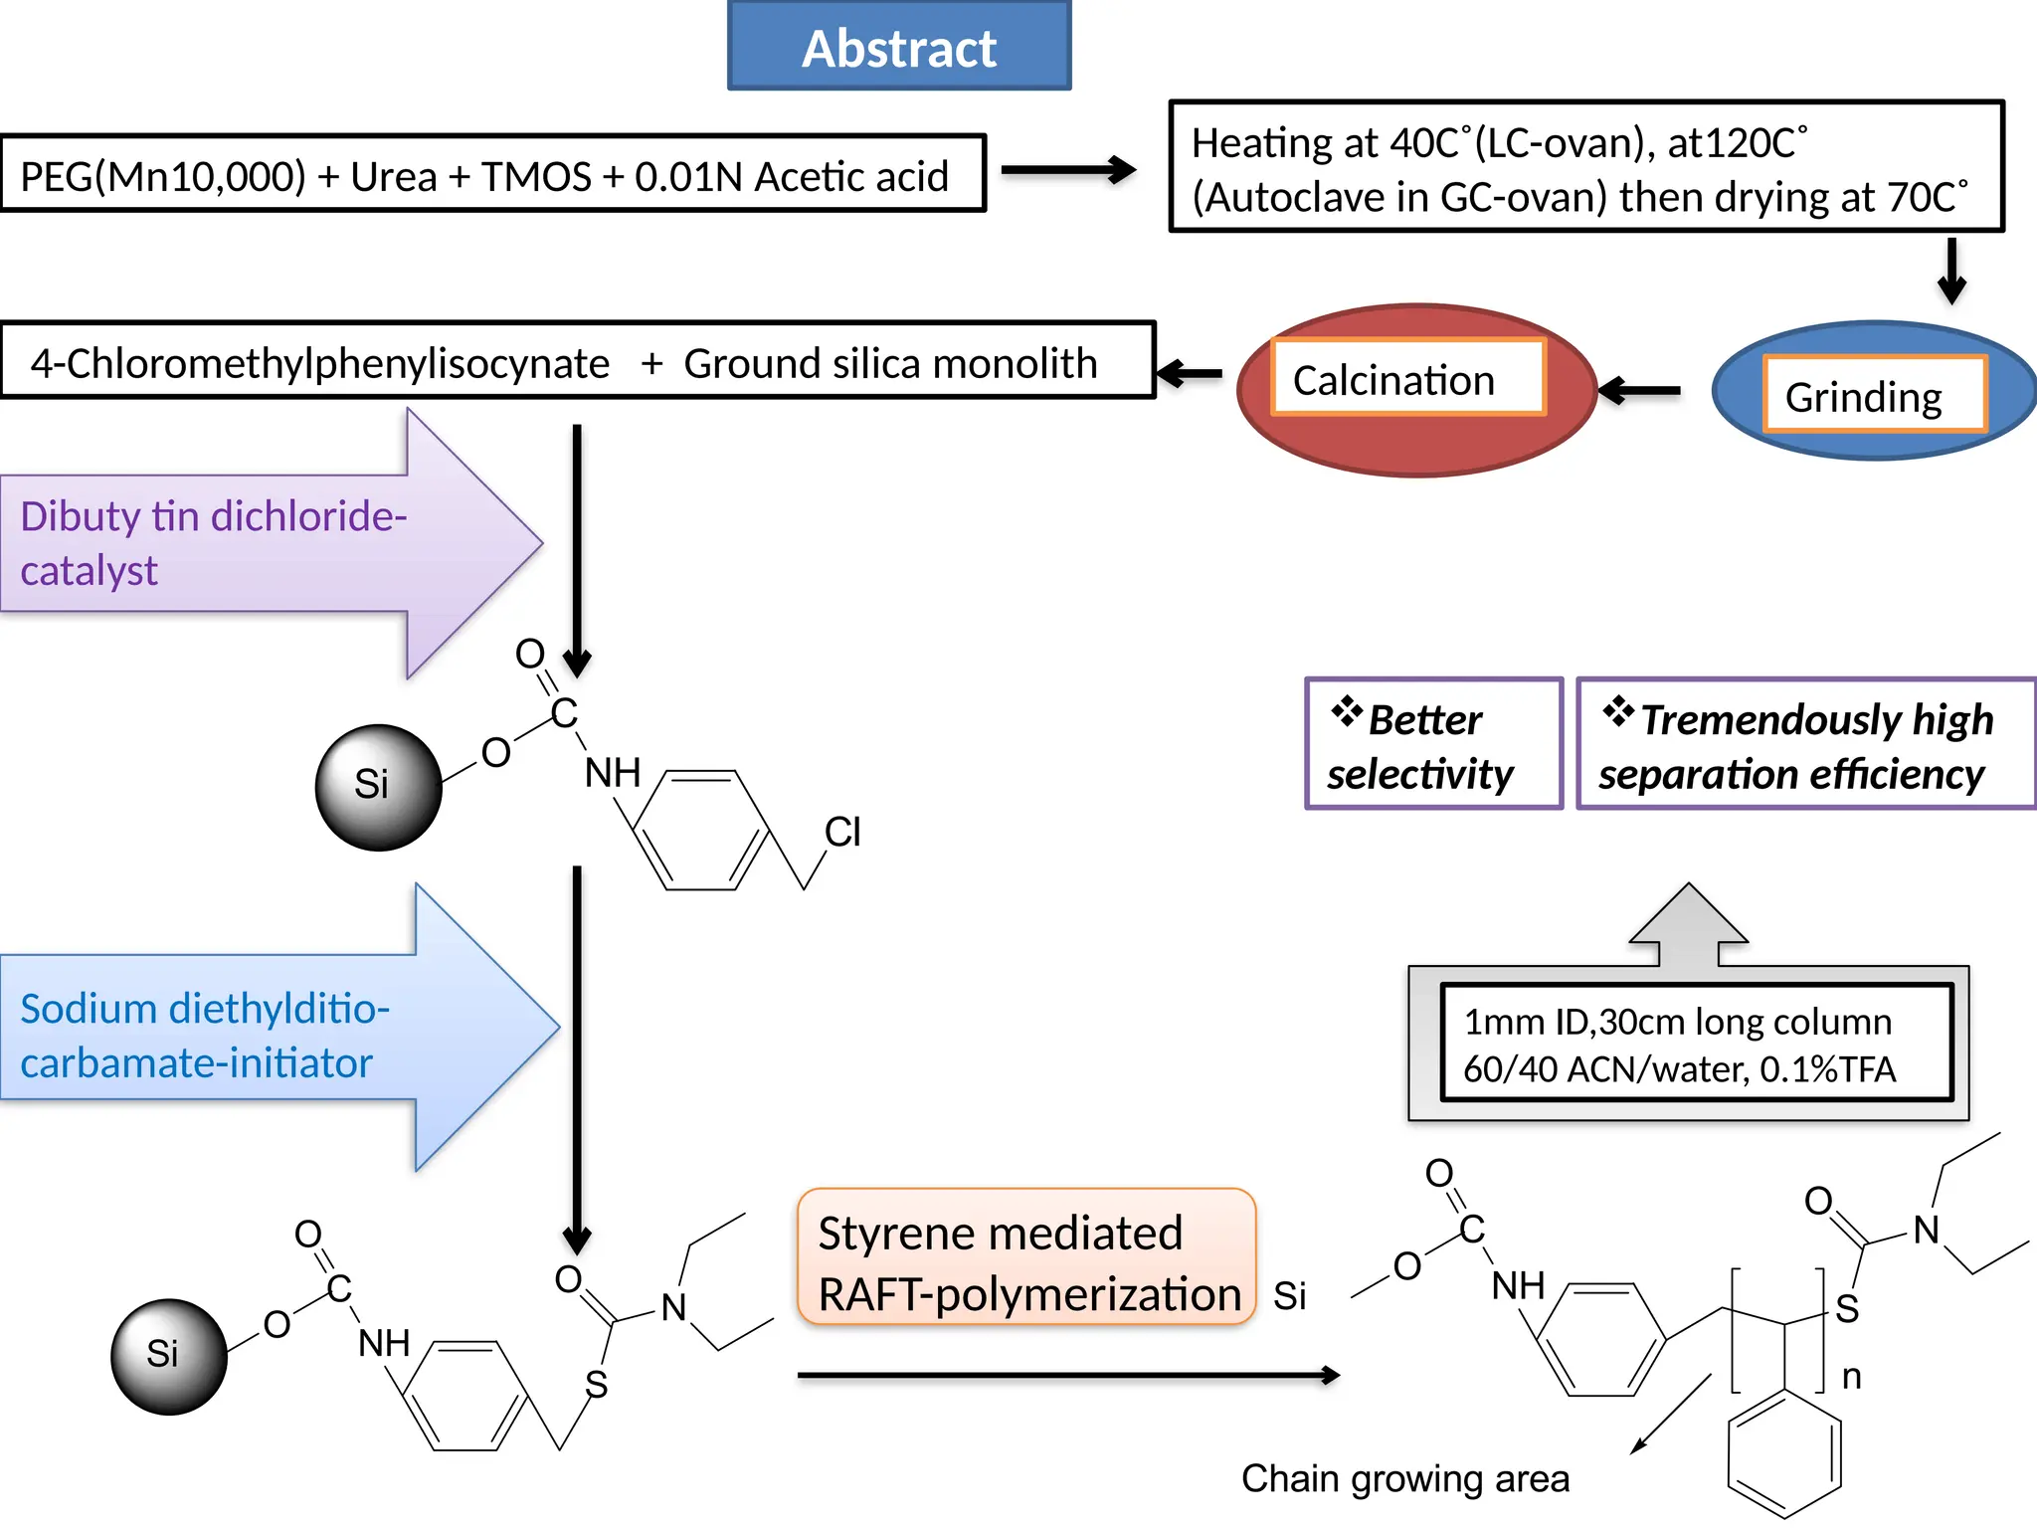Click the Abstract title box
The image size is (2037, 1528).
(x=899, y=47)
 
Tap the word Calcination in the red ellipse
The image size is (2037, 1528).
(x=1392, y=381)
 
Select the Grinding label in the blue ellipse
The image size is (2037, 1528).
(x=1863, y=397)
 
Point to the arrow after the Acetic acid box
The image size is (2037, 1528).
(x=1067, y=170)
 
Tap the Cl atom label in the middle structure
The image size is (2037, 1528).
(x=842, y=832)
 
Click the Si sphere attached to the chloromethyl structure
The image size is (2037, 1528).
(x=378, y=786)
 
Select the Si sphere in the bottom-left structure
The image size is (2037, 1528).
(x=168, y=1356)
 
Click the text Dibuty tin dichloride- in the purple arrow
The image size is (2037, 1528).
(x=213, y=516)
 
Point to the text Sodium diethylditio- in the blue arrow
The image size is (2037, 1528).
(x=204, y=1009)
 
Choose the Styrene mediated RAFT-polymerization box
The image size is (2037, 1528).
(x=1026, y=1257)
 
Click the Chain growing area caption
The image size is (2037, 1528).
(x=1404, y=1479)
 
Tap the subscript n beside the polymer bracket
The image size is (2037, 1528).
(x=1851, y=1378)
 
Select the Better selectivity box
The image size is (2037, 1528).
(x=1432, y=744)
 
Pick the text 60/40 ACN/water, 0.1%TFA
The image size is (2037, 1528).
(x=1679, y=1069)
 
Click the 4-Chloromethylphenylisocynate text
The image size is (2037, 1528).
(x=319, y=363)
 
